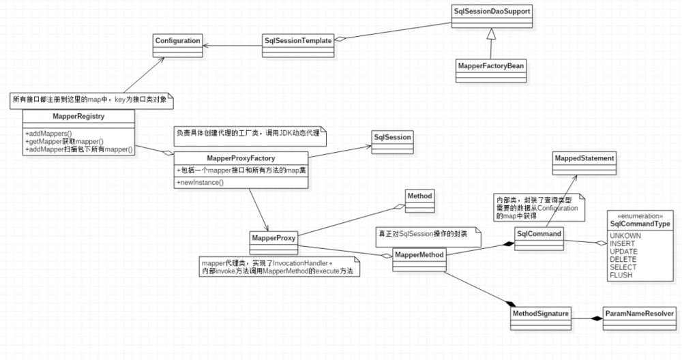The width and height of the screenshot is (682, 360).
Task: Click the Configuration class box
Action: [177, 41]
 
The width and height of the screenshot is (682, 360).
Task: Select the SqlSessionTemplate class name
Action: [298, 41]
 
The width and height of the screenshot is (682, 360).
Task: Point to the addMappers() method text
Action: [49, 132]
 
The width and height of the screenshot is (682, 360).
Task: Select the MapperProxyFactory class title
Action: [241, 158]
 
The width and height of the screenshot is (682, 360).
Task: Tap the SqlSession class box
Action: [392, 137]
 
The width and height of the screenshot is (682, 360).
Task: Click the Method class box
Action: [419, 196]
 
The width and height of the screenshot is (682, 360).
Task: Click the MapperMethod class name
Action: [419, 255]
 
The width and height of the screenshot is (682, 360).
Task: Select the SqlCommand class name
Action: [539, 234]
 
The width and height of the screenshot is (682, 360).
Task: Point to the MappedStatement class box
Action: [584, 159]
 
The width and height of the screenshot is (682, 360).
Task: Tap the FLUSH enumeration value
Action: [621, 275]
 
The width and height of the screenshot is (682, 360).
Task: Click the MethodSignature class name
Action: [539, 314]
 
